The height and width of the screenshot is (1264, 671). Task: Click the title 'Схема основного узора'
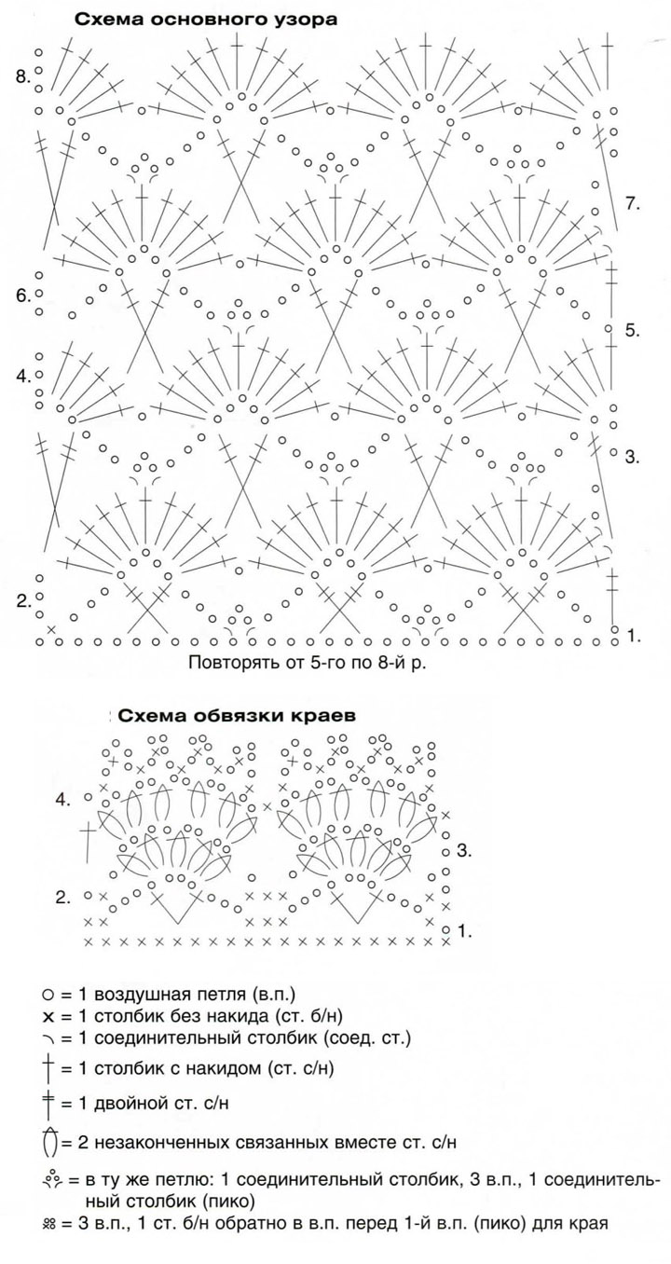pos(206,21)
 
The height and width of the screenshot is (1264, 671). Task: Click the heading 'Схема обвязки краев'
pos(237,716)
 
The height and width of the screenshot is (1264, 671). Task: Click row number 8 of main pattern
pos(22,76)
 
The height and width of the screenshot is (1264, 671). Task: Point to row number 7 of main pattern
pos(632,203)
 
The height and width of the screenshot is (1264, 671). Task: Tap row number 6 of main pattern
pos(22,295)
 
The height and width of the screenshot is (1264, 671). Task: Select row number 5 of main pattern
pos(632,330)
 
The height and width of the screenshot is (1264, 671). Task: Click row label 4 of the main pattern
pos(22,376)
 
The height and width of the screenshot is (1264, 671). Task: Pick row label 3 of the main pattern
pos(632,457)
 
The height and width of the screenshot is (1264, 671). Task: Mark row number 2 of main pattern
pos(22,601)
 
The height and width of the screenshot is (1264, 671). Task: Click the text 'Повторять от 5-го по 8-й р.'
pos(307,662)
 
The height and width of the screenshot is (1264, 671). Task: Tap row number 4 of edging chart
pos(62,800)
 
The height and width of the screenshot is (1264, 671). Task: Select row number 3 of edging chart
pos(463,850)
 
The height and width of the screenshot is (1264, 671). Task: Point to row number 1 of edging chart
pos(464,931)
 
